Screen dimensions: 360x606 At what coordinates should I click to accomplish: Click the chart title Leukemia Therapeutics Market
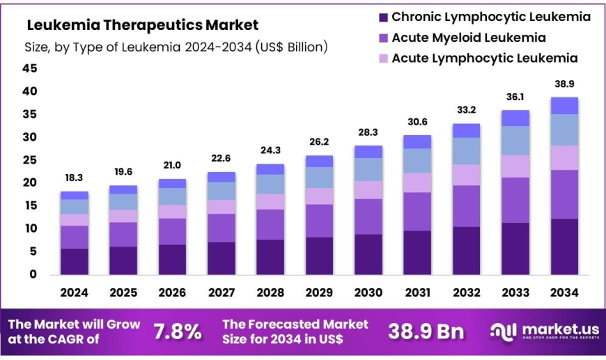click(142, 25)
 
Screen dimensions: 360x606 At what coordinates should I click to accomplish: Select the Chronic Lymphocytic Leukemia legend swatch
click(382, 17)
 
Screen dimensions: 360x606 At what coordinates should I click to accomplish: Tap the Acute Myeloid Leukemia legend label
click(468, 38)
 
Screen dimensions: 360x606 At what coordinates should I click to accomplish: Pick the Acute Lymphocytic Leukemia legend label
click(484, 58)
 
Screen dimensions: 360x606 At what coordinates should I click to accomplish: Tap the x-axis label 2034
click(564, 293)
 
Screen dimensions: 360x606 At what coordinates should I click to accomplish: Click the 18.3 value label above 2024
click(75, 179)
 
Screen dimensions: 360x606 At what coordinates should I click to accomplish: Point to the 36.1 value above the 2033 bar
click(516, 97)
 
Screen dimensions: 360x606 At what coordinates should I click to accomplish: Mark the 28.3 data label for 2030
click(368, 133)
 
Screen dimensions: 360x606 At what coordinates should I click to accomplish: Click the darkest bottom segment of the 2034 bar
click(564, 246)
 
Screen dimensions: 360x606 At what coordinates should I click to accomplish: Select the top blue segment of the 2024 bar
click(75, 196)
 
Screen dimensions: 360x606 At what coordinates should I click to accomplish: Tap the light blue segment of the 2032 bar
click(466, 151)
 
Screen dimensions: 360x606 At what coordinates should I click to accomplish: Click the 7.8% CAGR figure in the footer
click(176, 331)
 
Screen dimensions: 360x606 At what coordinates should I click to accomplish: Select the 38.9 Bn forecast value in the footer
click(426, 331)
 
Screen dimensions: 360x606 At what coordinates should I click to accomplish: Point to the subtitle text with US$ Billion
click(176, 47)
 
